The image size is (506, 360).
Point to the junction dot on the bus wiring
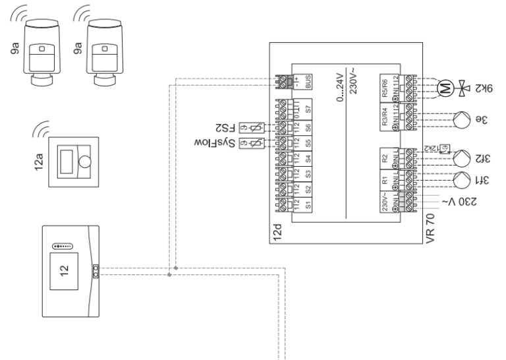tap(171, 269)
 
